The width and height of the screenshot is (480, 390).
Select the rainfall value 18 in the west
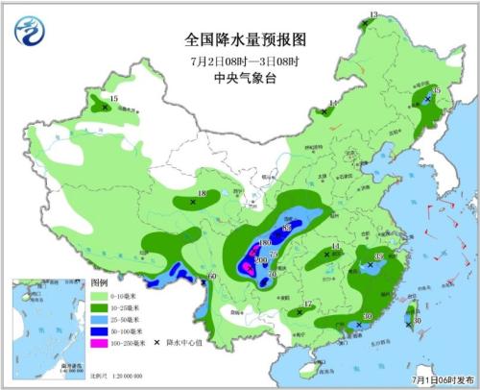click(202, 194)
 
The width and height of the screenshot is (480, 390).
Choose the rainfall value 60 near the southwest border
click(212, 278)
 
